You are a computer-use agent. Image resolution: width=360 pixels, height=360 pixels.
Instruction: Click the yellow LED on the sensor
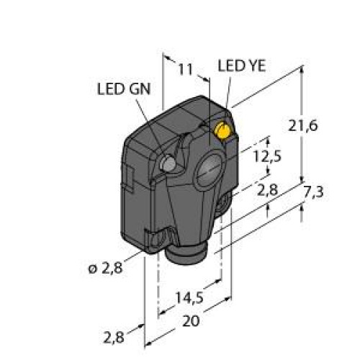223,130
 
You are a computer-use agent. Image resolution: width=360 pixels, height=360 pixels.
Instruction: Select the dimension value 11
186,69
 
